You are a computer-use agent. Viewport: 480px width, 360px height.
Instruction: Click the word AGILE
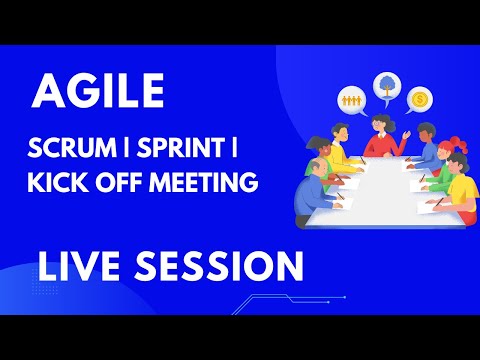click(x=98, y=91)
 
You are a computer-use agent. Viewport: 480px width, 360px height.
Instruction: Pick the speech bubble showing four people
click(x=352, y=100)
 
